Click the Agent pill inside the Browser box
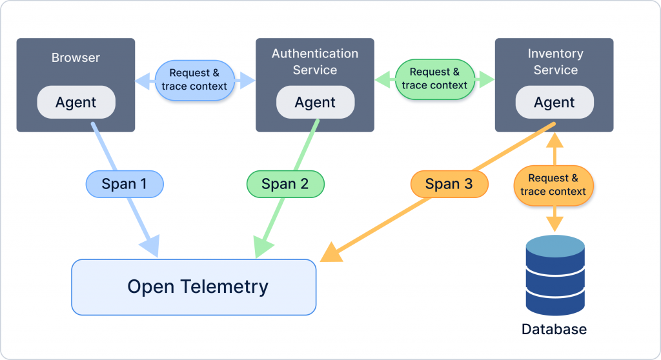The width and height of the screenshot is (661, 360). click(x=76, y=103)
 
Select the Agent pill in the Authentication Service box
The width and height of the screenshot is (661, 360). click(x=315, y=103)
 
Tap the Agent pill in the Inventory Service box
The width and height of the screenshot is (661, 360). click(x=554, y=103)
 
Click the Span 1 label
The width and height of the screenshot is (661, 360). click(x=125, y=185)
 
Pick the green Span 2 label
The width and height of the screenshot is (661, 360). click(x=285, y=185)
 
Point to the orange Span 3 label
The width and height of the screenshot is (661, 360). click(x=449, y=185)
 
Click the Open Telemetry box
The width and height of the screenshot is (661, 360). click(x=194, y=287)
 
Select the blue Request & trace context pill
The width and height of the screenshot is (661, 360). click(x=194, y=80)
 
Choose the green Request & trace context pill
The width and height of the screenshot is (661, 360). click(x=434, y=79)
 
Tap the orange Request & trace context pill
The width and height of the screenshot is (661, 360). click(x=553, y=185)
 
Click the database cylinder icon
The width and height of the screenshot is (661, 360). click(x=555, y=275)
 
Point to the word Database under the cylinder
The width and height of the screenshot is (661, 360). click(x=554, y=329)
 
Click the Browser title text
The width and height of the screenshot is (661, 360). click(x=76, y=58)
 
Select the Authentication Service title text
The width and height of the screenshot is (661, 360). click(x=315, y=61)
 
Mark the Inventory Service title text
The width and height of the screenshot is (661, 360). click(x=556, y=61)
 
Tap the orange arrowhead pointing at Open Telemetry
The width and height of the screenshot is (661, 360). click(x=331, y=252)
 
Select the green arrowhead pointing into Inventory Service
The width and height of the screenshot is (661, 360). click(x=487, y=79)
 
